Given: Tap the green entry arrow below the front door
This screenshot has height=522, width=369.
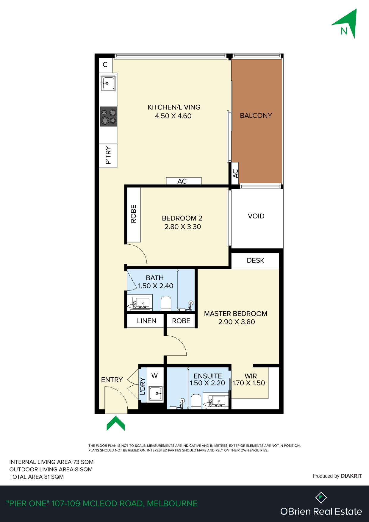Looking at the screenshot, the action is click(x=116, y=423).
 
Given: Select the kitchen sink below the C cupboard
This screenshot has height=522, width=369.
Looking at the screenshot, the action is click(x=108, y=83).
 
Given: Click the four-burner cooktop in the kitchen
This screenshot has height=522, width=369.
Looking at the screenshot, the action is click(x=108, y=116).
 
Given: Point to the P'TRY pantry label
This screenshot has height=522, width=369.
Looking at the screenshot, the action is click(x=108, y=155).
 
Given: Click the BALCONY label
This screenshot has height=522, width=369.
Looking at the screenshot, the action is click(x=256, y=115).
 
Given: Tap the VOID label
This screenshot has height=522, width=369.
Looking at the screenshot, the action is click(x=256, y=216).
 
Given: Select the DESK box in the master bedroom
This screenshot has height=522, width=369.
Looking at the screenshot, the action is click(x=255, y=260).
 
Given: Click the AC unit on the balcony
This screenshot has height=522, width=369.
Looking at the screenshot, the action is click(x=235, y=173).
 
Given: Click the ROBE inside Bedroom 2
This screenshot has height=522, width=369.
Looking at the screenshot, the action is click(x=134, y=214).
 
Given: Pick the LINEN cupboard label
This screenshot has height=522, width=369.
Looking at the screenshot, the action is click(x=146, y=321).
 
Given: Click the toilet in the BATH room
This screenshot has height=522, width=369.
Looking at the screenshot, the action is click(x=166, y=303).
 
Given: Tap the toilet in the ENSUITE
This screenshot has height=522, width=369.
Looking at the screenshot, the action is click(x=196, y=401).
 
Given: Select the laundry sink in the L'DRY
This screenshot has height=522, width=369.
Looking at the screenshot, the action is click(x=156, y=393).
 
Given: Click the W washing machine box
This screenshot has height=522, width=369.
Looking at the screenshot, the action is click(x=154, y=376).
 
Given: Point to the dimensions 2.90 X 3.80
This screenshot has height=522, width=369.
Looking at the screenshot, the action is click(x=237, y=322).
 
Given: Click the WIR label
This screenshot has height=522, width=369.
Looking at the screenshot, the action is click(x=251, y=376).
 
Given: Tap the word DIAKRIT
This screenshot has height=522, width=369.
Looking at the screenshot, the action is click(x=351, y=476).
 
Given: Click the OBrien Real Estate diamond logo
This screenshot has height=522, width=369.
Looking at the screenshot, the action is click(x=321, y=497).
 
